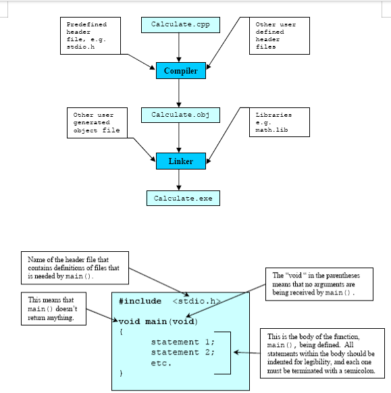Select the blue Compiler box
click(x=180, y=70)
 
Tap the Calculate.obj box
click(x=180, y=115)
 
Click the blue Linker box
click(x=180, y=161)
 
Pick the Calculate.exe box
click(x=184, y=199)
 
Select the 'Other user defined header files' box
click(x=280, y=36)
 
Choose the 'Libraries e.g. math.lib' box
click(x=280, y=123)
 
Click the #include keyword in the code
click(x=140, y=302)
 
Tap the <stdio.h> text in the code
click(x=197, y=302)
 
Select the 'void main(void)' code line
click(x=157, y=321)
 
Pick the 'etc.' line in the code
click(x=161, y=363)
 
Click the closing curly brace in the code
click(x=121, y=373)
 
